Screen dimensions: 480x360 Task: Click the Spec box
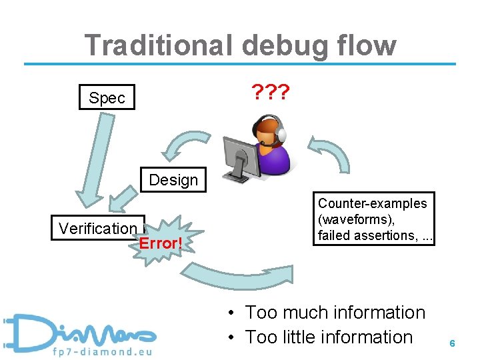pos(107,98)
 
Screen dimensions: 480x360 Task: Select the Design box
pos(173,180)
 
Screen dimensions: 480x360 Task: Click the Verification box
pos(98,229)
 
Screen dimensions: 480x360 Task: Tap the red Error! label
pos(160,243)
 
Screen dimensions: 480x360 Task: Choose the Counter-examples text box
pos(373,219)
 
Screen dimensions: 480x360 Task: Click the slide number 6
pos(452,343)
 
